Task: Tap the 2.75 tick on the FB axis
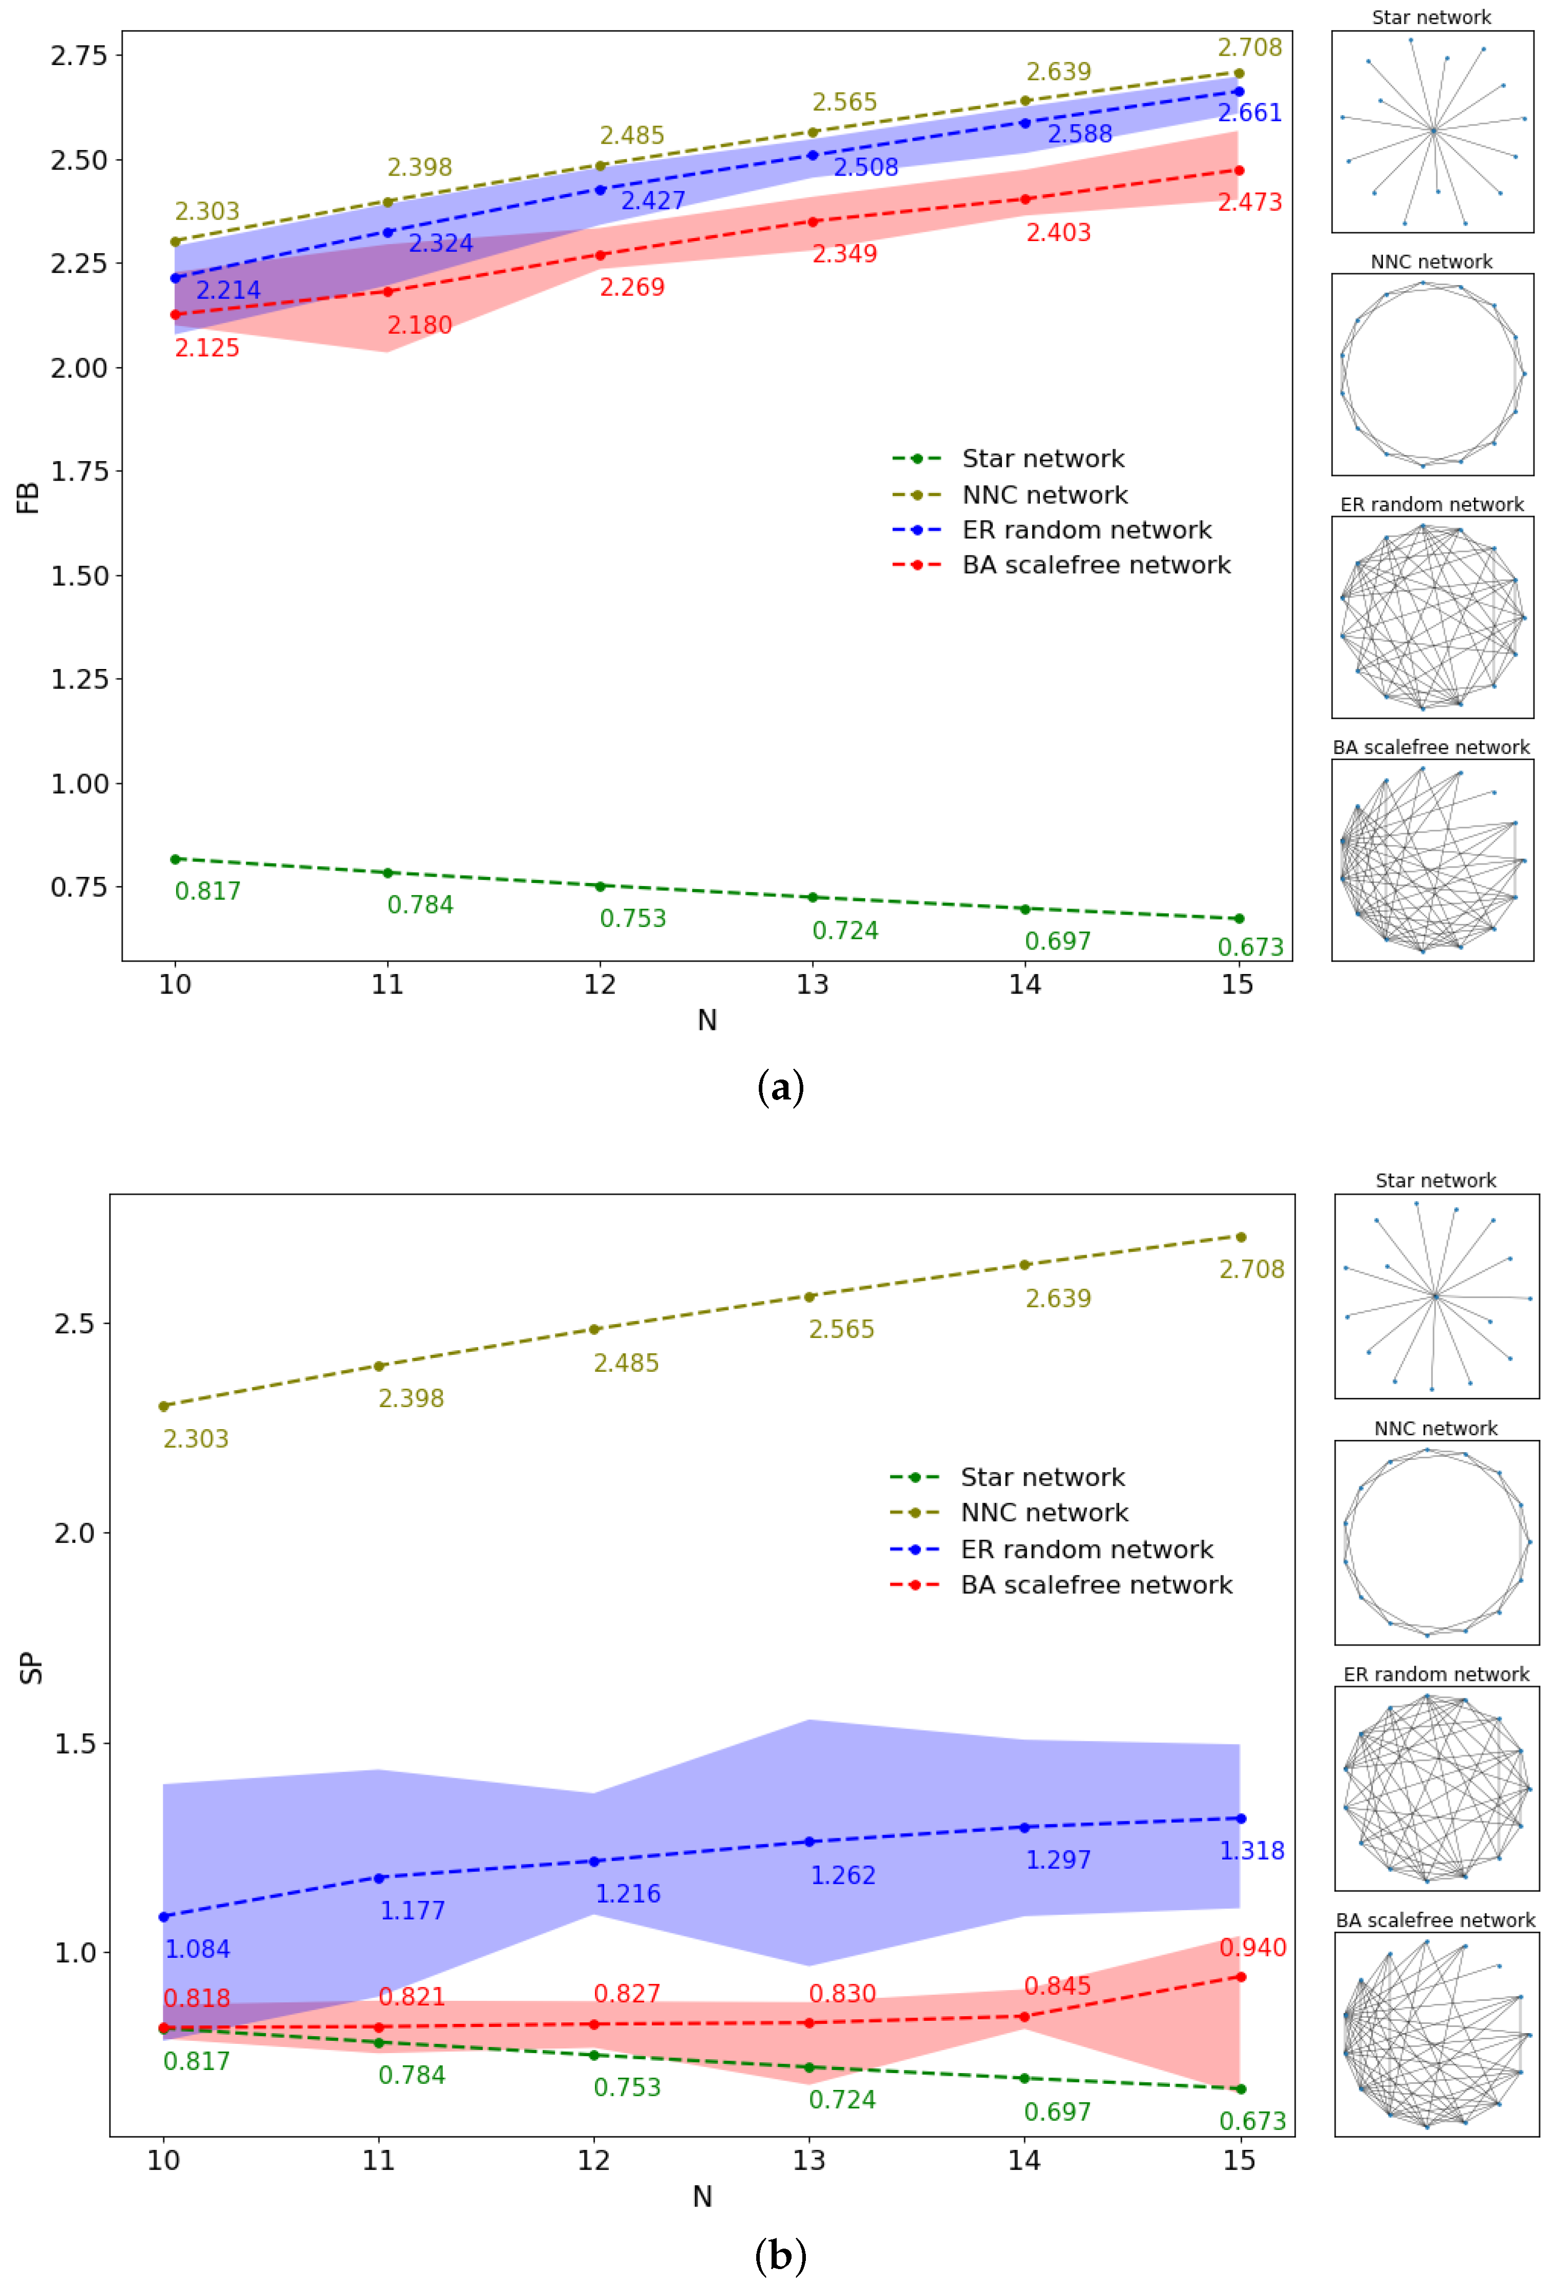(79, 55)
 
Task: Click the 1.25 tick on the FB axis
(79, 679)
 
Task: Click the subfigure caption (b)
(780, 2255)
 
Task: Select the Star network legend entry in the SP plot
(1042, 1477)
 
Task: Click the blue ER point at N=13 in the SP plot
(809, 1841)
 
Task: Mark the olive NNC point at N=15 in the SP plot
(1240, 1237)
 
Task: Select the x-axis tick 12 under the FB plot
(600, 984)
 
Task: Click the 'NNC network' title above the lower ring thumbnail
(1435, 1428)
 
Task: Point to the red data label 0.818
(196, 1998)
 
